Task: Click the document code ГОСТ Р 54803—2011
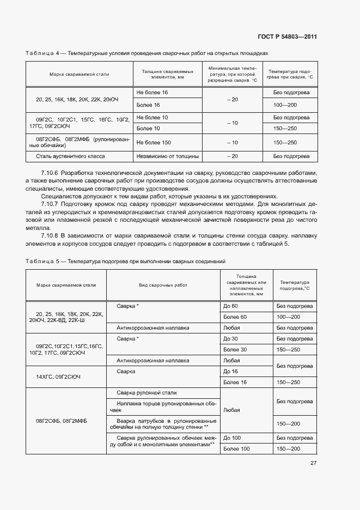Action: point(286,37)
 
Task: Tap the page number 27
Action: point(313,463)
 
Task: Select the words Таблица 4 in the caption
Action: point(42,53)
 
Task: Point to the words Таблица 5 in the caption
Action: point(42,262)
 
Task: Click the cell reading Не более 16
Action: point(152,93)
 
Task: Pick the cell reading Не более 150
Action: point(154,142)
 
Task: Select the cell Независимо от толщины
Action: point(167,156)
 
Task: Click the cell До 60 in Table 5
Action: point(230,306)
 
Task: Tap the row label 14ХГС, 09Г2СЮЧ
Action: point(58,377)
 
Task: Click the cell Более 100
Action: point(236,448)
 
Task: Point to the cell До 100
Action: point(232,438)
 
